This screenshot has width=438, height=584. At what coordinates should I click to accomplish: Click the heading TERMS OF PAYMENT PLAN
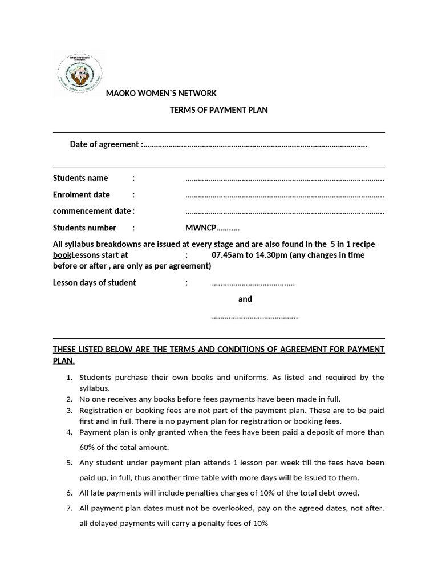tap(218, 110)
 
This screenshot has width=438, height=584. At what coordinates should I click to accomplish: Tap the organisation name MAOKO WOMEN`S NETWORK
tap(161, 93)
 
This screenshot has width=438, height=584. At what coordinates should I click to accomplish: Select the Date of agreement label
tap(104, 144)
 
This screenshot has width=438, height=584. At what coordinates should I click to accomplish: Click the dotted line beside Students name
tap(285, 179)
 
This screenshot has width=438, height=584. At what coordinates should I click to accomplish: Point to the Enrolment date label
tap(82, 194)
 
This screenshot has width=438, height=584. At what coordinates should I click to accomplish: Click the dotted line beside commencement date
tap(285, 212)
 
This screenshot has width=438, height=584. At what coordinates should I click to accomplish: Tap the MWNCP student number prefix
tap(201, 228)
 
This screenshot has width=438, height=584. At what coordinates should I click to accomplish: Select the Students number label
tap(84, 228)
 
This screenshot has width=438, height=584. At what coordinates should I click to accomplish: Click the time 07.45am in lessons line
tap(226, 255)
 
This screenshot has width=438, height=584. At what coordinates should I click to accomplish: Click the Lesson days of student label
tap(95, 282)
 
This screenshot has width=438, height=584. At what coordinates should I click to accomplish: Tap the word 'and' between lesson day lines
tap(245, 299)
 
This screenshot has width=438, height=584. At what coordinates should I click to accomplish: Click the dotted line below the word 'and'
tap(254, 316)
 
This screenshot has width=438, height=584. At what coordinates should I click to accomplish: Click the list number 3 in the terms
tap(69, 410)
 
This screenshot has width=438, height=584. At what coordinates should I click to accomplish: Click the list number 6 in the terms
tap(69, 493)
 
